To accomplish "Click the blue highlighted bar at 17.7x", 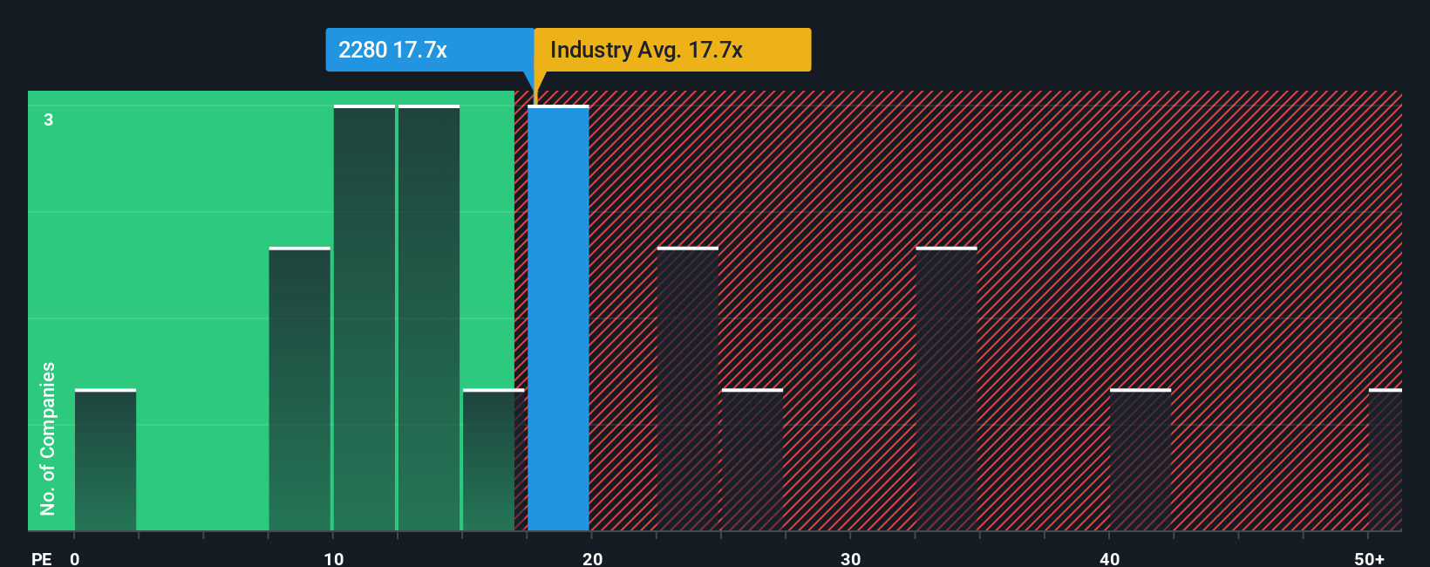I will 558,318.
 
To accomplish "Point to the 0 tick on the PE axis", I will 75,558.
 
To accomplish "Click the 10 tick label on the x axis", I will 333,558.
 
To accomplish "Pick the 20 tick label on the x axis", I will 592,558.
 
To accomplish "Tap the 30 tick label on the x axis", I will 850,558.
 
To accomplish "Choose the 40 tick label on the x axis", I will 1109,558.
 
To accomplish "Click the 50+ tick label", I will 1369,558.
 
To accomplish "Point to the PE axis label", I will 41,558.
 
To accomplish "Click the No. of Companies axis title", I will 48,438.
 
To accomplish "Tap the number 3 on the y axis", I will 49,120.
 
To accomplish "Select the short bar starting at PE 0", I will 106,461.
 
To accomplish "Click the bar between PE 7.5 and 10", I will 299,390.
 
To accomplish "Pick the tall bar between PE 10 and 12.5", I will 364,318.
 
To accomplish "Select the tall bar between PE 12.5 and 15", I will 429,318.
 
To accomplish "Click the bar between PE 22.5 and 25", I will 688,390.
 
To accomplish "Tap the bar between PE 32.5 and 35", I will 946,390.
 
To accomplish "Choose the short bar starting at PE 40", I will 1141,461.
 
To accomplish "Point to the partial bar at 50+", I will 1386,461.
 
